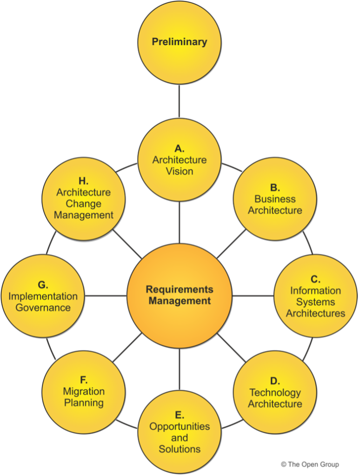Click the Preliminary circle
coord(179,42)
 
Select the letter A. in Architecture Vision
coord(180,149)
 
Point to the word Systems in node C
coord(315,302)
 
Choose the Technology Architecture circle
coord(274,392)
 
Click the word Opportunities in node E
coord(180,426)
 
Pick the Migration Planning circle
coord(84,391)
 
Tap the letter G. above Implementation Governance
coord(43,285)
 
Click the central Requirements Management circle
coord(179,295)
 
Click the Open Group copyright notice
coord(310,464)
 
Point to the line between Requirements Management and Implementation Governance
coord(106,296)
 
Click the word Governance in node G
coord(43,308)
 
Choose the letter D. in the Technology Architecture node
coord(275,381)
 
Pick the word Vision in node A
coord(180,171)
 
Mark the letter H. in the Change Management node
coord(84,181)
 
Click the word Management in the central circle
coord(180,301)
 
